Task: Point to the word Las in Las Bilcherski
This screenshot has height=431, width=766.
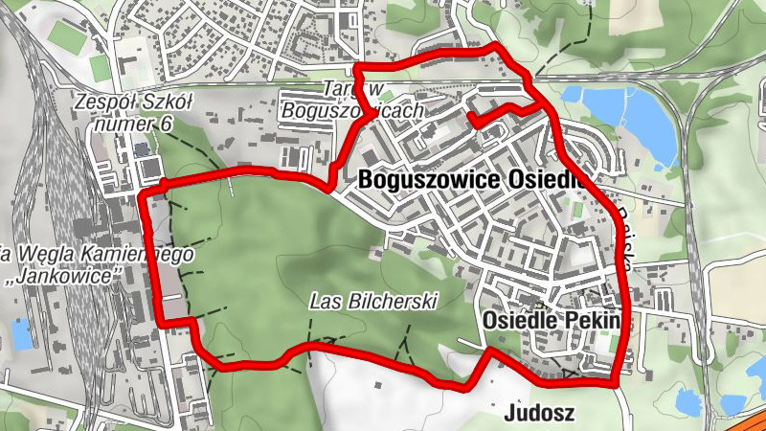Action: (325, 301)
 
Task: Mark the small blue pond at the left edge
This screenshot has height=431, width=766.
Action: (19, 334)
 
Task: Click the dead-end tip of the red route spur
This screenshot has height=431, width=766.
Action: (472, 118)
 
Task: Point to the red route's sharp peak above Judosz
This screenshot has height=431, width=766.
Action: (490, 351)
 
